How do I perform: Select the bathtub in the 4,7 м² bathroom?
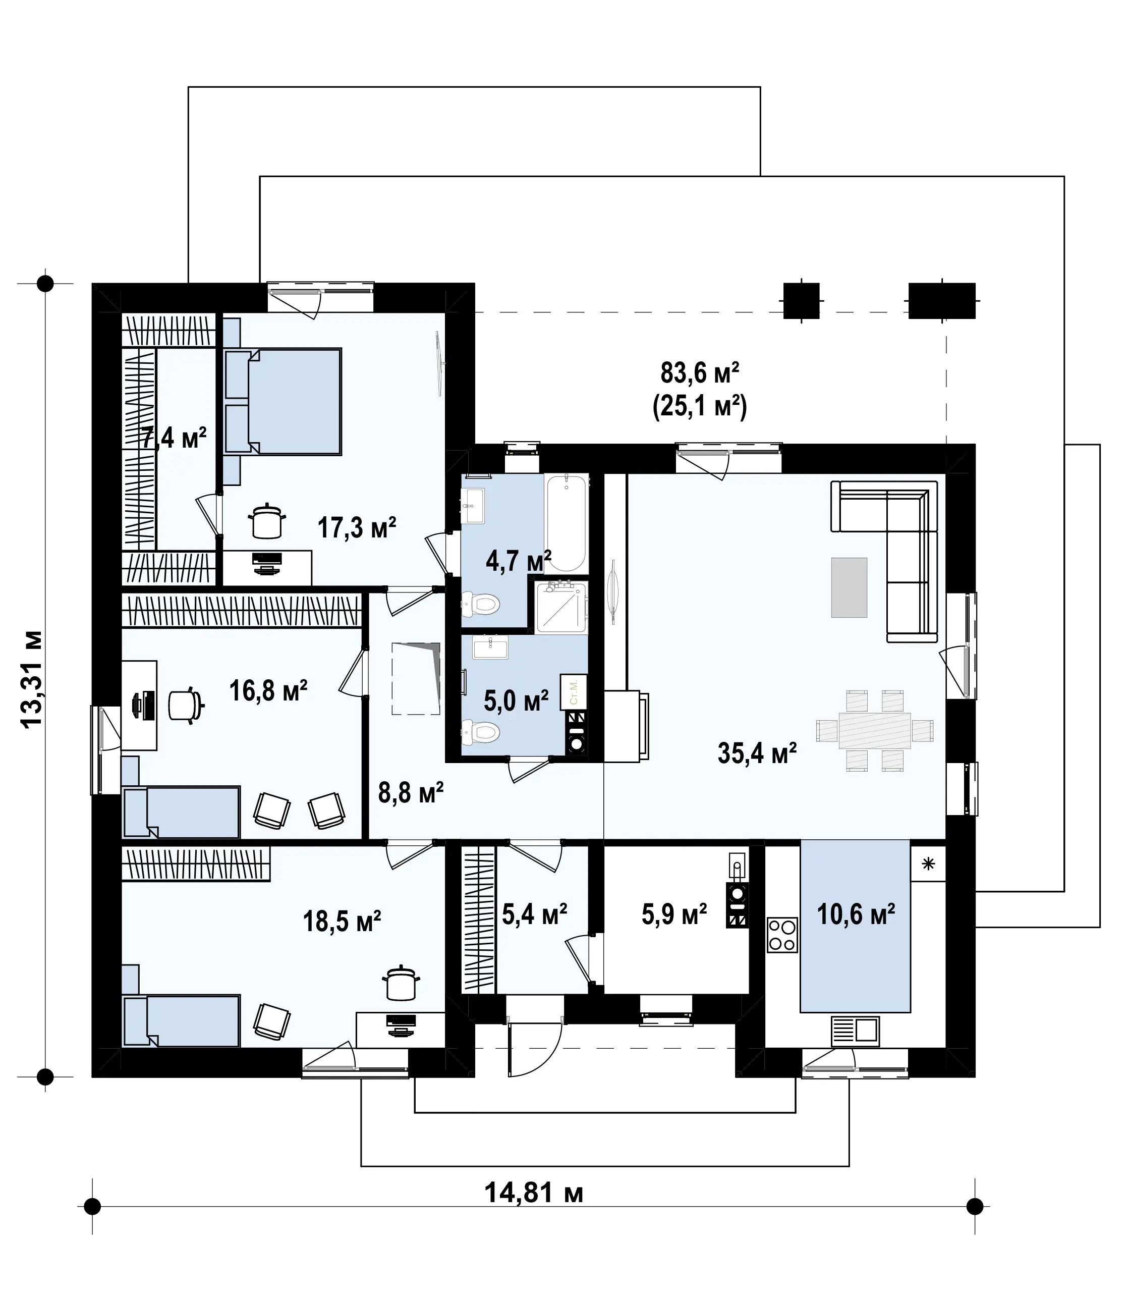(x=567, y=524)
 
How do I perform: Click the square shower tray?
(x=561, y=608)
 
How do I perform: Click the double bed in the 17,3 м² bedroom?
(x=283, y=401)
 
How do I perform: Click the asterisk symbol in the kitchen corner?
(x=928, y=864)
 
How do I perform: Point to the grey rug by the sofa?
(x=849, y=587)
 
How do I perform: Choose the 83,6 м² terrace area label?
(x=699, y=373)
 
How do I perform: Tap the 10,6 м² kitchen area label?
(x=856, y=914)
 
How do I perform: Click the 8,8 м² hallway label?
(x=411, y=793)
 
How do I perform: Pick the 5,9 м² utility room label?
(x=674, y=914)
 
